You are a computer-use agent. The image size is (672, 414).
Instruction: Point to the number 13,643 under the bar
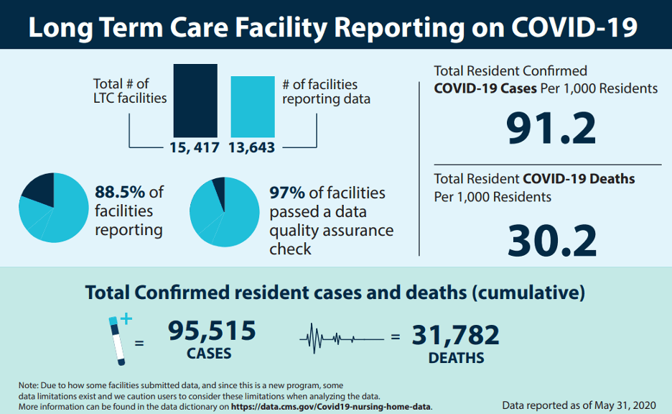tap(252, 147)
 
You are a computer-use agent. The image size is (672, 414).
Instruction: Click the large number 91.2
tap(551, 128)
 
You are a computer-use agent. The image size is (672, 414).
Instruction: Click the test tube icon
tap(116, 337)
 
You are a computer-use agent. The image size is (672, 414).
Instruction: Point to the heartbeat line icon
tap(341, 336)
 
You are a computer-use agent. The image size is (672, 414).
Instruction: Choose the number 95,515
tap(212, 331)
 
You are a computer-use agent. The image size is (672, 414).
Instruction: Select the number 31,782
tap(455, 335)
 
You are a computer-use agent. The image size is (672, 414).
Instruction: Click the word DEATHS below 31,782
tap(456, 357)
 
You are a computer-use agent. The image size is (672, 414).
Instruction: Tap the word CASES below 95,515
tap(209, 353)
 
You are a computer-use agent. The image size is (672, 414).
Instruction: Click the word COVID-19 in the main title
tap(574, 27)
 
